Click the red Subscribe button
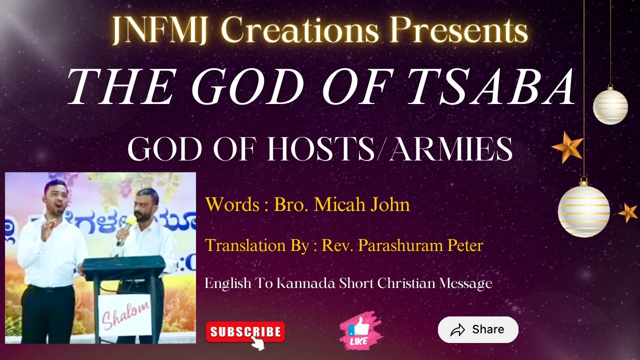(245, 332)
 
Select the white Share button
(478, 329)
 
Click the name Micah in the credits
(335, 204)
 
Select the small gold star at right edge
(628, 212)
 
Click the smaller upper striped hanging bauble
(610, 105)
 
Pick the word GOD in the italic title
(248, 87)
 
